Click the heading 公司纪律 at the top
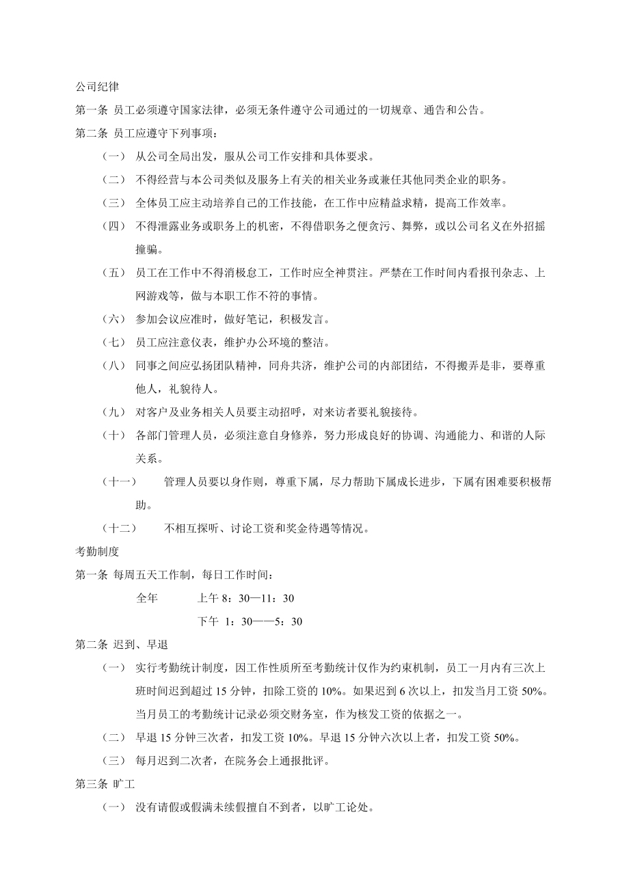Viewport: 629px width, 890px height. point(97,88)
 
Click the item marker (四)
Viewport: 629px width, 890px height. point(113,226)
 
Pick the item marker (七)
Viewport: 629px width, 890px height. point(113,342)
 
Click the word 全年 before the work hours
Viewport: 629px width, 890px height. point(147,598)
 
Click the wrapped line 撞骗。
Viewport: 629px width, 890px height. point(151,250)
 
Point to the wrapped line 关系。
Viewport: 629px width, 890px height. point(151,459)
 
